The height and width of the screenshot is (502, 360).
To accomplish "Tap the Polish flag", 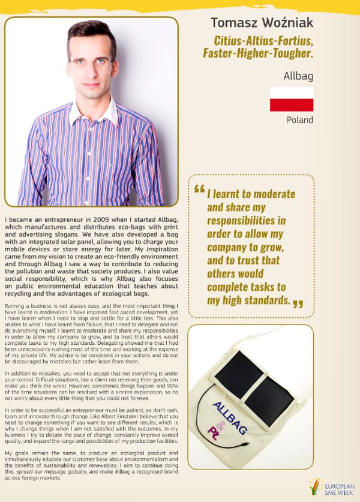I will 292,98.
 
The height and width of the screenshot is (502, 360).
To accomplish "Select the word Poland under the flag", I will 300,120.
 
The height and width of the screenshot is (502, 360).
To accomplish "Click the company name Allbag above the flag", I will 299,77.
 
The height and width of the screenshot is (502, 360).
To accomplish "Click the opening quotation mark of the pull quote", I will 199,188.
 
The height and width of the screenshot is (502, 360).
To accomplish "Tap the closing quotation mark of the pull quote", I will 298,303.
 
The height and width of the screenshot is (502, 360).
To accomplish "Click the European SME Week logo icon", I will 314,485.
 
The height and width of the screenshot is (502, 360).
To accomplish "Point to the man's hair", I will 91,33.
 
